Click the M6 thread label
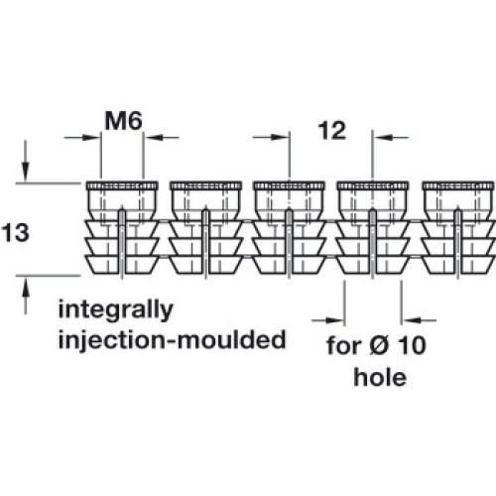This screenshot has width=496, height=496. click(x=123, y=121)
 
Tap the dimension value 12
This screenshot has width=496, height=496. click(x=332, y=131)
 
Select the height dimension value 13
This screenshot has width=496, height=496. click(x=16, y=232)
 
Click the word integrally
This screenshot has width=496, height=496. click(x=115, y=310)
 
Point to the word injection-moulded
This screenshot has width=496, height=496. click(x=172, y=339)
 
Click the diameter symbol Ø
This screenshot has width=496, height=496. click(x=379, y=345)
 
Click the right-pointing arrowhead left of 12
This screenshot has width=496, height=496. click(x=280, y=137)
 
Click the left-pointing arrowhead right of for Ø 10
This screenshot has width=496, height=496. click(x=411, y=320)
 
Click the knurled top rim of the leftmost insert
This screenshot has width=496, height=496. click(x=122, y=186)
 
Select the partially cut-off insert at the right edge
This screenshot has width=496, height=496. click(x=458, y=228)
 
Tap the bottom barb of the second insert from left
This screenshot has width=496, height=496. click(x=205, y=265)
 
